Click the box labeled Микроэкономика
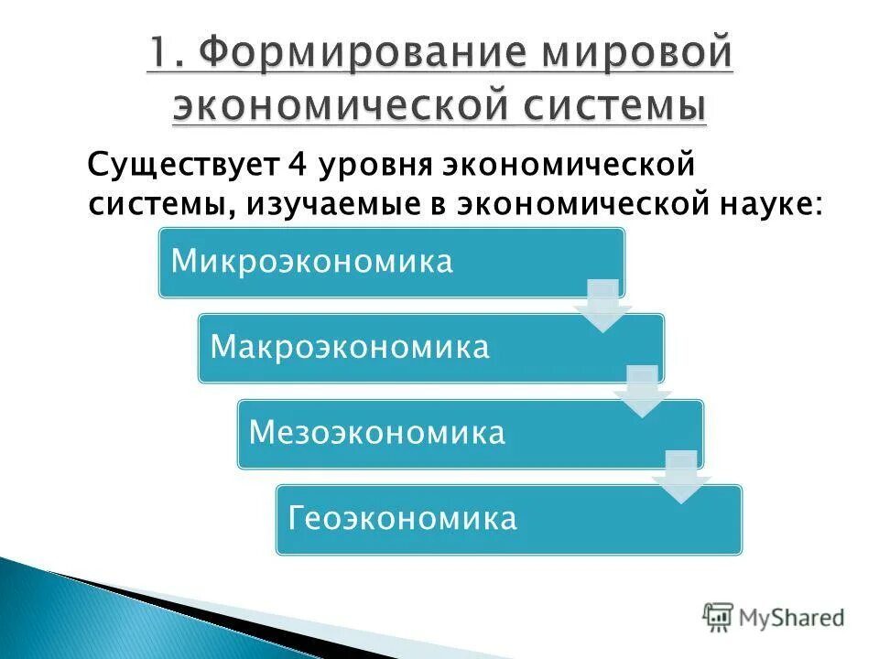(x=391, y=263)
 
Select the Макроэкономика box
(x=430, y=348)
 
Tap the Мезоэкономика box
(x=470, y=433)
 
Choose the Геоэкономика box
(x=509, y=519)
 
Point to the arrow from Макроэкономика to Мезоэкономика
(x=642, y=392)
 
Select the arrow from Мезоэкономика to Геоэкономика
(x=681, y=477)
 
